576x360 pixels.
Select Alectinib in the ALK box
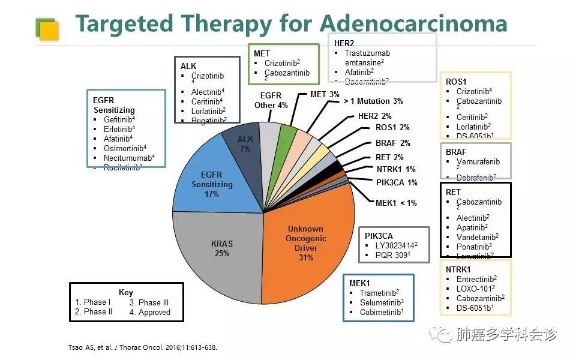(207, 91)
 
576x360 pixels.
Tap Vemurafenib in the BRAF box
(478, 162)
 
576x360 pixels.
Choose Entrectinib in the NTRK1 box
(476, 279)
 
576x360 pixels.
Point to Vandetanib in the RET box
(476, 237)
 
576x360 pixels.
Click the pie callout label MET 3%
(325, 94)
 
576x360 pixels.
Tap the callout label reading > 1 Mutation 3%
(373, 101)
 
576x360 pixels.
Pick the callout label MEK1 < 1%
(396, 203)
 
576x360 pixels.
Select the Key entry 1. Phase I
(92, 302)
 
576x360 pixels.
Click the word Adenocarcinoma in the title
(413, 24)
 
